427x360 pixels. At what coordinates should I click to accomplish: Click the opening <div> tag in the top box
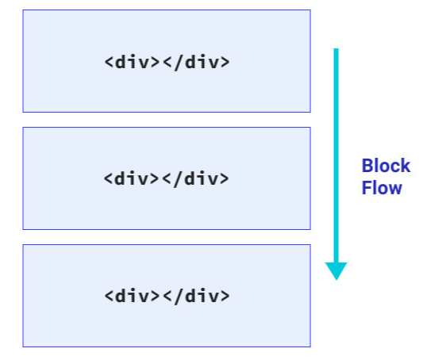point(132,62)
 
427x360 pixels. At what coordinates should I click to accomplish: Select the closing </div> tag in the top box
point(196,62)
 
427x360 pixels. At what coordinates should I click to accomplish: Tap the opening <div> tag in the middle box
point(132,178)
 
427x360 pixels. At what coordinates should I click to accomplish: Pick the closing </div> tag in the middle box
point(196,178)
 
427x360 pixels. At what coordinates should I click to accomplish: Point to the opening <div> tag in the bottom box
point(132,296)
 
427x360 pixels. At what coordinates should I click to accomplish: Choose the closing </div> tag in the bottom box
point(196,296)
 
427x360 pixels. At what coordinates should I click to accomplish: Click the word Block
point(386,167)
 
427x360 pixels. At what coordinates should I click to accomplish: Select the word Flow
point(382,189)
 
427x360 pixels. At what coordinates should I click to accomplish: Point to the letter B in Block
point(367,167)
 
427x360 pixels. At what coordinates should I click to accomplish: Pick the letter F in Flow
point(367,189)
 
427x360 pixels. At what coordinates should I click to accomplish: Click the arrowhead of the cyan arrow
point(336,270)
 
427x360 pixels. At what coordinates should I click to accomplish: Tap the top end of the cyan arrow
point(336,51)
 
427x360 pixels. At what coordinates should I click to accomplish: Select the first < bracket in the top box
point(109,62)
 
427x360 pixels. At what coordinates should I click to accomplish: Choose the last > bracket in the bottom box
point(225,296)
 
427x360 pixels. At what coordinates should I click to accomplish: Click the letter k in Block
point(406,167)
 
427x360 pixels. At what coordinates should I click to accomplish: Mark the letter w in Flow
point(395,189)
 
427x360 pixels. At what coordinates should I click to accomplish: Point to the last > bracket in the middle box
point(225,178)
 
